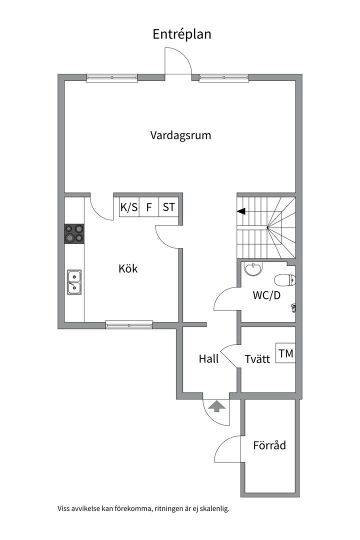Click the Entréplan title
[182, 34]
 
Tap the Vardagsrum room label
[180, 135]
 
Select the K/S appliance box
[129, 207]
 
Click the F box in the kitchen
[149, 207]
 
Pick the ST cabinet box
[169, 207]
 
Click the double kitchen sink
[74, 282]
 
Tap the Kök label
[128, 268]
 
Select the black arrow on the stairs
[241, 211]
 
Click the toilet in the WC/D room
[285, 280]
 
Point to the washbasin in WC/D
[253, 268]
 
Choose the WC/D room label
[266, 295]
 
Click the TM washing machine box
[285, 353]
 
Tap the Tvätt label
[257, 359]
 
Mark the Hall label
[208, 359]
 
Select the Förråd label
[269, 445]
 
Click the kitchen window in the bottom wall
[129, 324]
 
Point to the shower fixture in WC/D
[294, 307]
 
